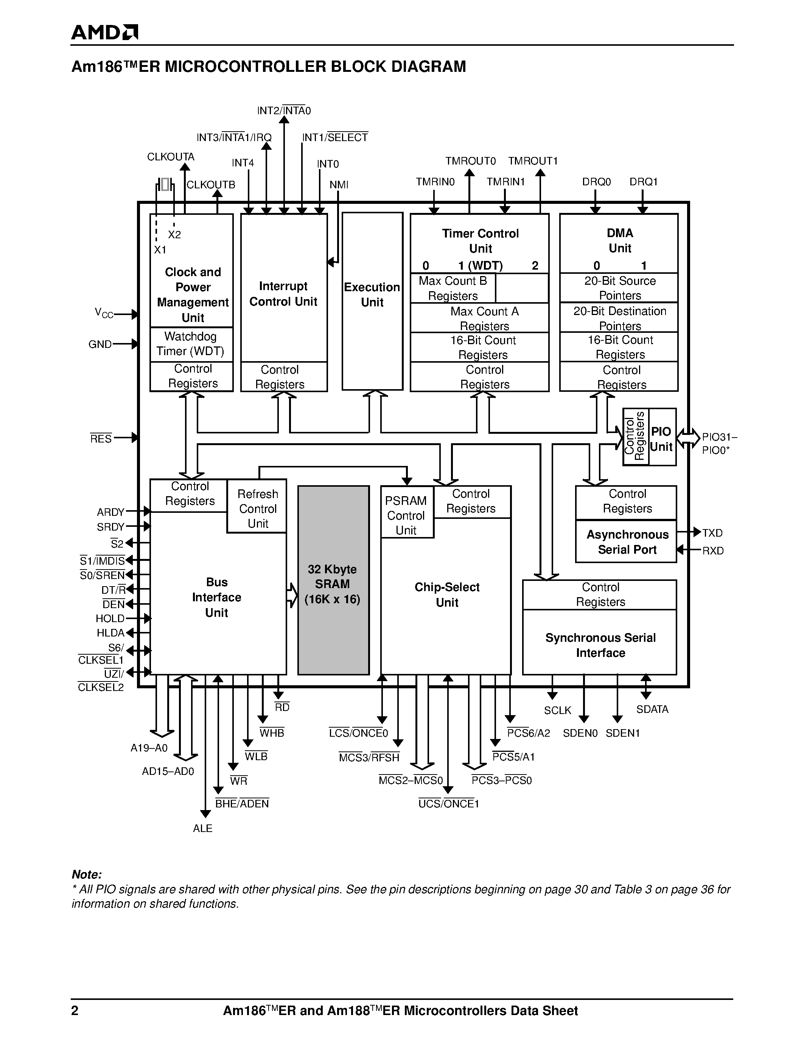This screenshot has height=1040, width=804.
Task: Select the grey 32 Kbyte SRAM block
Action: coord(333,580)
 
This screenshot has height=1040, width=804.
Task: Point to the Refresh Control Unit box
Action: coord(258,509)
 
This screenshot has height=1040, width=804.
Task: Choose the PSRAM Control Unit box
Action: coord(406,515)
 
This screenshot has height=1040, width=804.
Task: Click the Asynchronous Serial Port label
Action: coord(627,542)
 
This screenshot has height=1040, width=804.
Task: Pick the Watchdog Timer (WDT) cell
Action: coord(191,344)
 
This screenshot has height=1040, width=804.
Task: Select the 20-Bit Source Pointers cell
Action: coord(620,288)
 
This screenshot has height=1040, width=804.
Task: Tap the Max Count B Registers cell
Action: coord(453,288)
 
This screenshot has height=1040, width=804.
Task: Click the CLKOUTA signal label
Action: coord(171,157)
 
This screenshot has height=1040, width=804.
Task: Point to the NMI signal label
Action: coord(339,185)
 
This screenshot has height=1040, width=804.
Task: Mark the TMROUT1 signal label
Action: coord(532,161)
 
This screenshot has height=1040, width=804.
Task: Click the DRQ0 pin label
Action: coord(596,182)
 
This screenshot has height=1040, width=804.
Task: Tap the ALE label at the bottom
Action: coord(202,829)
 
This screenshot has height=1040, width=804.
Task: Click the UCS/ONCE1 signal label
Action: coord(448,804)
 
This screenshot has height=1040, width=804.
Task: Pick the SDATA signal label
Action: coord(652,709)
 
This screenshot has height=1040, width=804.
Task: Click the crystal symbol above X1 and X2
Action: coord(165,184)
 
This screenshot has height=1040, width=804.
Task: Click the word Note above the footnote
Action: coord(87,875)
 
